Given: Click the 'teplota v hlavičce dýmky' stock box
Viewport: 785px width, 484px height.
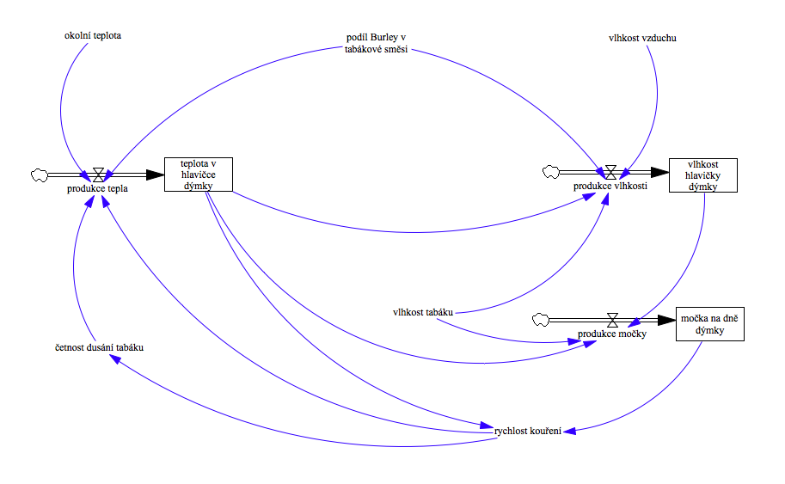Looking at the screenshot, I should pos(199,175).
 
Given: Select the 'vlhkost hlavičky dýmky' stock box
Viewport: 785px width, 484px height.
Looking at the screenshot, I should pos(702,175).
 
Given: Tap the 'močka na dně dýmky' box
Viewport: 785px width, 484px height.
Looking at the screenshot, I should pos(709,324).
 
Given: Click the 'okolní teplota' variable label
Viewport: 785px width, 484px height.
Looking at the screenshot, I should pos(93,36).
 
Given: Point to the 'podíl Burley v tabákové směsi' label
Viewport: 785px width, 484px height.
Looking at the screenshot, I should pos(371,43).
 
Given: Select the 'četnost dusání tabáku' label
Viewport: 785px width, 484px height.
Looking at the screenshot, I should pos(95,348).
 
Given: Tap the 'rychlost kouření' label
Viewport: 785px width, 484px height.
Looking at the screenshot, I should pos(528,431).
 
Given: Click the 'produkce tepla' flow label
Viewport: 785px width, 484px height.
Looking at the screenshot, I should pos(97,189).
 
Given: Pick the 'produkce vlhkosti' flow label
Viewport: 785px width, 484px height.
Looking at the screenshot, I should pos(610,186).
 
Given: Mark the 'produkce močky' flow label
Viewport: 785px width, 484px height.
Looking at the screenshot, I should pos(611,334).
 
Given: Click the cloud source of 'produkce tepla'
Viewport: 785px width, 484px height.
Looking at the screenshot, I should pos(40,175).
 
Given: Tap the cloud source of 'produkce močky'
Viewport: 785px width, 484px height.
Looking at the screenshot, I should pos(541,320).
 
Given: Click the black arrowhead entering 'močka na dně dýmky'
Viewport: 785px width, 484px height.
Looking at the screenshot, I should pos(668,320).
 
